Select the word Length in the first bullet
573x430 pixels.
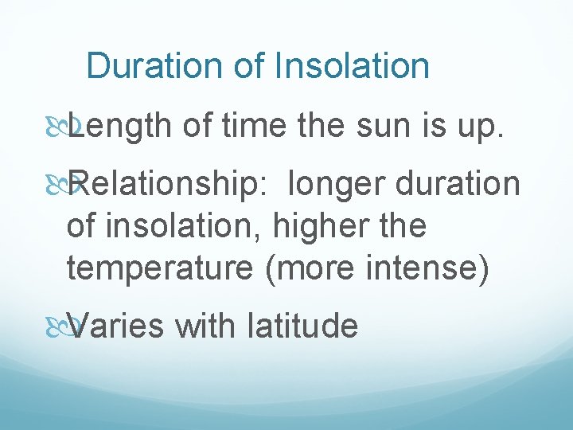pyautogui.click(x=119, y=126)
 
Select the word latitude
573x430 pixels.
pyautogui.click(x=302, y=326)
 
